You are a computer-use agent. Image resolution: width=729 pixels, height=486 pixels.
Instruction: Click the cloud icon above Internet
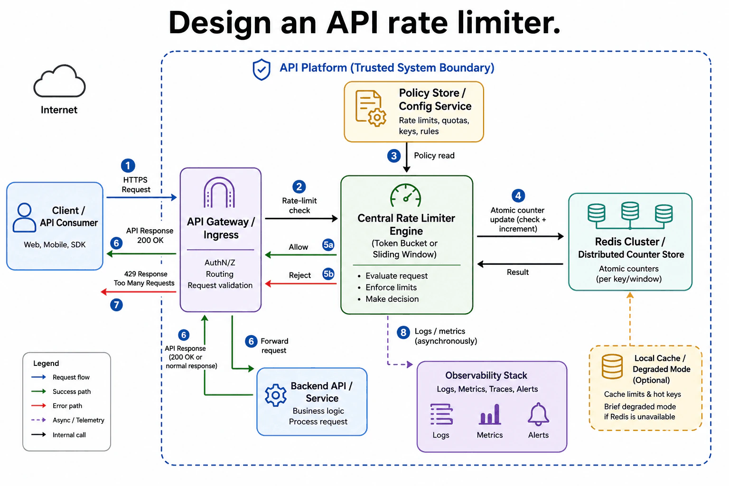click(x=59, y=81)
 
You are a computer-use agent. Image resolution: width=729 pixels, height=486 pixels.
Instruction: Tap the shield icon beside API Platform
click(x=262, y=69)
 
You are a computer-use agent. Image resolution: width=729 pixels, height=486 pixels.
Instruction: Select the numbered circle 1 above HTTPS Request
click(x=128, y=166)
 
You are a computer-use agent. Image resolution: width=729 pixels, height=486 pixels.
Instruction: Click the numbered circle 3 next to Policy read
click(x=394, y=156)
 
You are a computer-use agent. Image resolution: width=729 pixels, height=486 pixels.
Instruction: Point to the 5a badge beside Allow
click(x=328, y=245)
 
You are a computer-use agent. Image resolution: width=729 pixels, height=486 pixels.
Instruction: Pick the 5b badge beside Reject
click(x=328, y=274)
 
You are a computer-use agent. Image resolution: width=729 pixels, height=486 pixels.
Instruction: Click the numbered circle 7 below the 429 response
click(x=116, y=305)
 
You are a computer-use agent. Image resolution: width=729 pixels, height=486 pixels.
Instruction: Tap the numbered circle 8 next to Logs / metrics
click(x=403, y=332)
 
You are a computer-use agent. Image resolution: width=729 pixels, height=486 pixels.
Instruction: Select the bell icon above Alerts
click(x=538, y=414)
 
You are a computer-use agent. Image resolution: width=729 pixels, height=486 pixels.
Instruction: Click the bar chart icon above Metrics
click(x=490, y=414)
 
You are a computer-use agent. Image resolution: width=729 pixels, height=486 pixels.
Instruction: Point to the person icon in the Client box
click(x=24, y=217)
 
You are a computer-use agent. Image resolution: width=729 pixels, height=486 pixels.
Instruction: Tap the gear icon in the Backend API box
click(x=276, y=395)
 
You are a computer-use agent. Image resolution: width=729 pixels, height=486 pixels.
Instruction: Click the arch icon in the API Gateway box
click(x=219, y=192)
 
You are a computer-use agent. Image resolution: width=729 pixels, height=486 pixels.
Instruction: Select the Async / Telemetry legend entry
click(x=68, y=420)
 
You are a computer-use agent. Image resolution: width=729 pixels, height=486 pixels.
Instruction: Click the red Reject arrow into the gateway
click(x=301, y=284)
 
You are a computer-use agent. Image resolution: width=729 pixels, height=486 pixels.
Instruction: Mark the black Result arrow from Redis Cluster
click(x=520, y=264)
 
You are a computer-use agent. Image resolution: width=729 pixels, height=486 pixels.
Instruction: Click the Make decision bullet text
click(x=392, y=299)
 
